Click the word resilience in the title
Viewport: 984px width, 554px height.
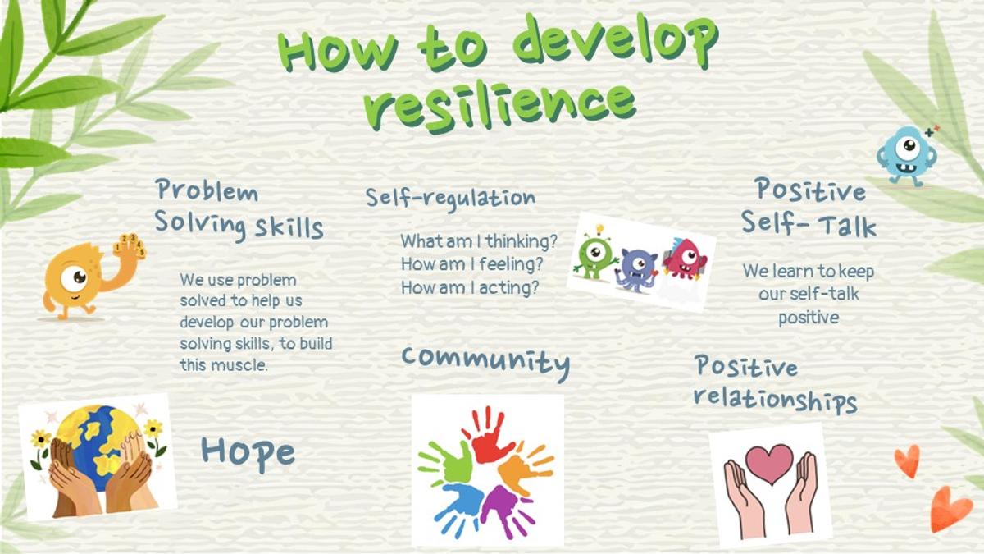tap(500, 107)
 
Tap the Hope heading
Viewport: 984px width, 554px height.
tap(248, 454)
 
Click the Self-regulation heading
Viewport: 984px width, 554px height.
tap(451, 199)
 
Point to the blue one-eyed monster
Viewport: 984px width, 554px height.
tap(907, 156)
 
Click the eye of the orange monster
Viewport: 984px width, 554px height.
tap(74, 278)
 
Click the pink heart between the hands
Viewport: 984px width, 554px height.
tap(769, 464)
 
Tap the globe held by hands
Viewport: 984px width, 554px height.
tap(102, 444)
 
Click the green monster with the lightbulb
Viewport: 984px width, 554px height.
tap(595, 252)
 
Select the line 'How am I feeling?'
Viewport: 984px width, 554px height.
tap(472, 264)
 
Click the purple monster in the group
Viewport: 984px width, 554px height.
tap(637, 269)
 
